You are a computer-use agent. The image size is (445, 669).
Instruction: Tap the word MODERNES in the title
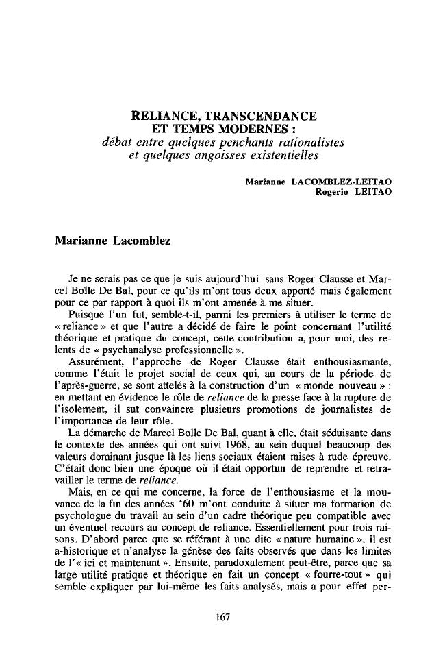click(x=253, y=129)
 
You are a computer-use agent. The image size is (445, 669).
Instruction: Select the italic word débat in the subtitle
click(x=116, y=142)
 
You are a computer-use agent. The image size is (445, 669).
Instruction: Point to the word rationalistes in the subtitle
click(x=309, y=142)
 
